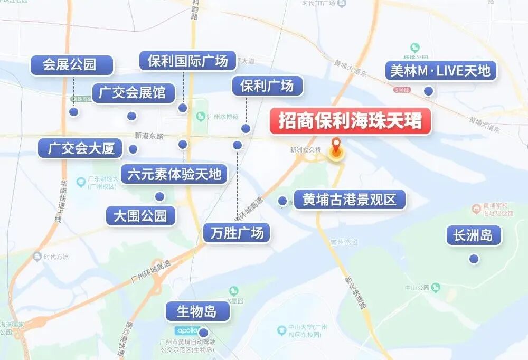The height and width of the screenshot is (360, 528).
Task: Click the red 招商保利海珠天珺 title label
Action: point(350,121)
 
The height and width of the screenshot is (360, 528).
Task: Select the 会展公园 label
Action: point(72,65)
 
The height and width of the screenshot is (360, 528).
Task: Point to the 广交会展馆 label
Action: point(132,93)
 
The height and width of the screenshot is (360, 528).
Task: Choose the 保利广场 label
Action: point(267,86)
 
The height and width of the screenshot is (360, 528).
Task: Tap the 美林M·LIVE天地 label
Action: point(441,71)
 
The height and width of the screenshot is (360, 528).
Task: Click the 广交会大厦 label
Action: point(81,148)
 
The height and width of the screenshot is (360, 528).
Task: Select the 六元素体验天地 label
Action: point(174,174)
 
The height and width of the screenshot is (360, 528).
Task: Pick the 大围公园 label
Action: point(140,216)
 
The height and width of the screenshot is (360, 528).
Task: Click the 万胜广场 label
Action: point(237,233)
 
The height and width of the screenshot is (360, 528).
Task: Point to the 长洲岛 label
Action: point(473,235)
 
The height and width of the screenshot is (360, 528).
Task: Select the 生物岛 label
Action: point(197,311)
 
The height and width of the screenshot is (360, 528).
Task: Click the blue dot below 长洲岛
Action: point(474,259)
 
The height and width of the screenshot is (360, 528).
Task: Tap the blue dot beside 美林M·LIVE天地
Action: point(429,91)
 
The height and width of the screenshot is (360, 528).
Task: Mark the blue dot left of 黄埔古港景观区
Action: point(282,201)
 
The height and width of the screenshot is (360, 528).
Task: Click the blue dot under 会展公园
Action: point(74,112)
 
